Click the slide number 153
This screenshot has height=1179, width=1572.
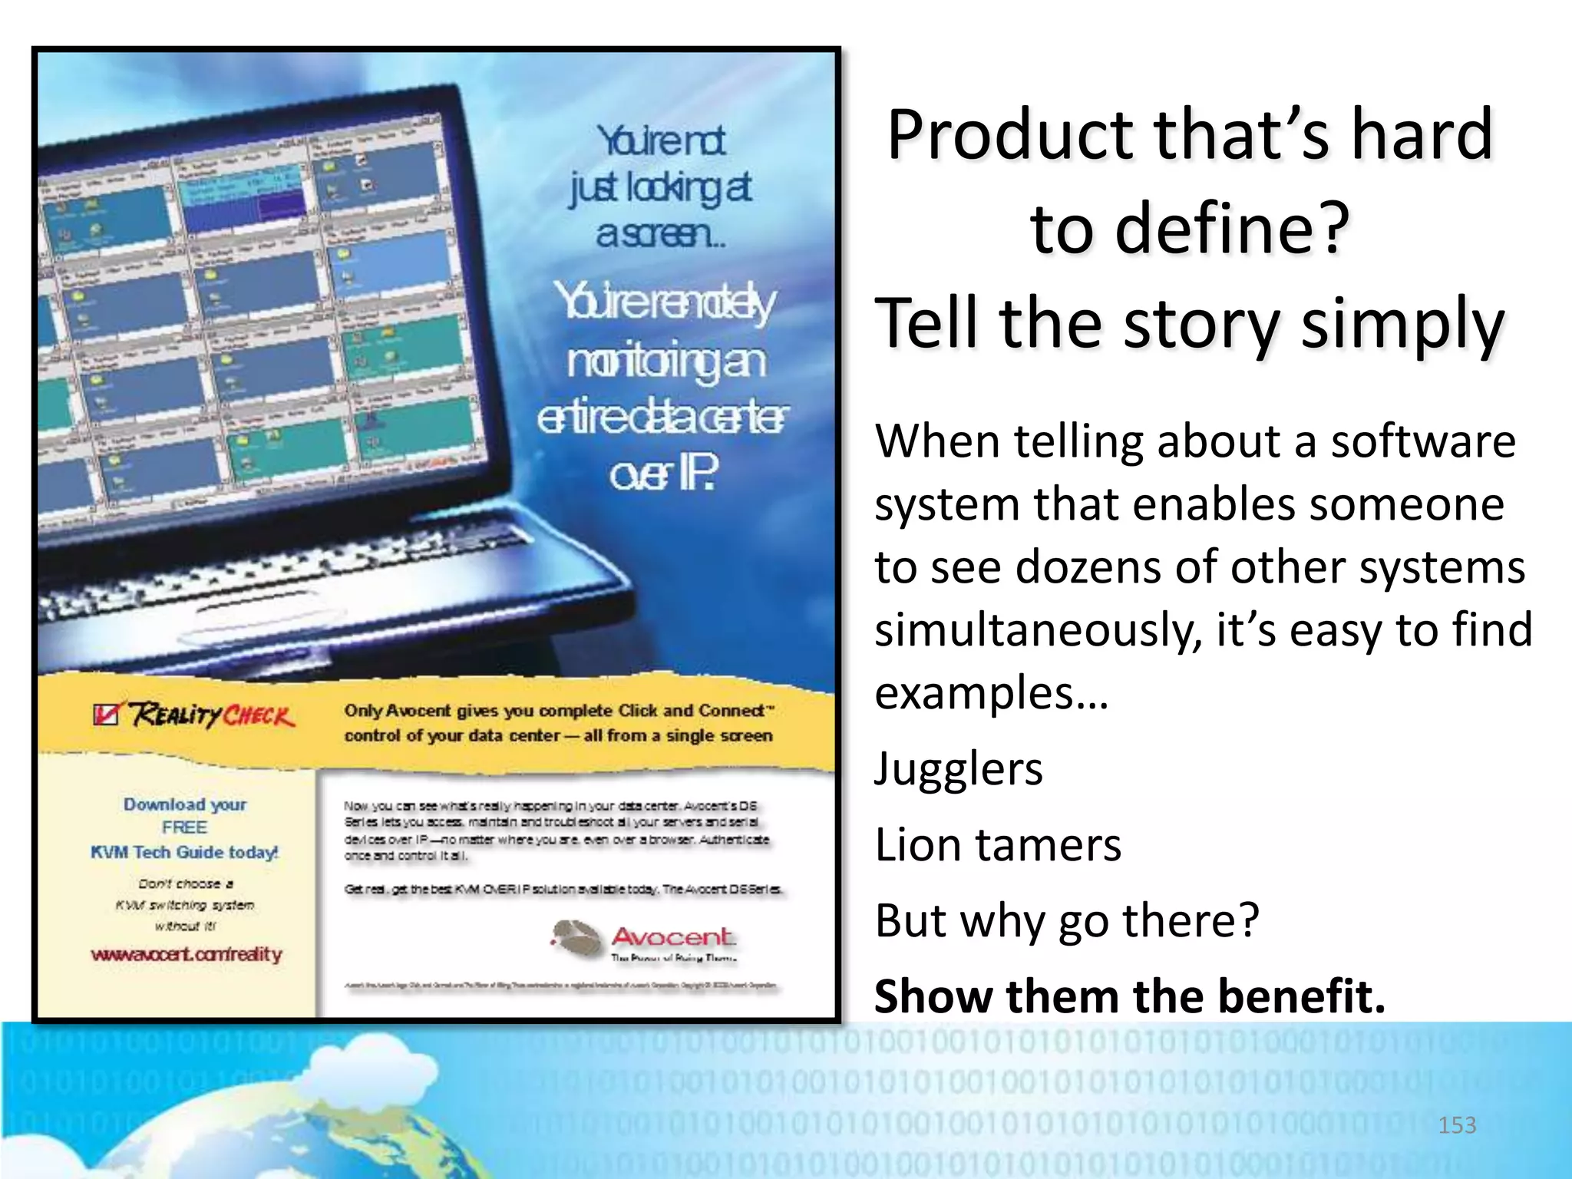coord(1457,1125)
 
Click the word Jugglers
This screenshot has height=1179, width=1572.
coord(959,768)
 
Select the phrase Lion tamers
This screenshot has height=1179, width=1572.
coord(998,844)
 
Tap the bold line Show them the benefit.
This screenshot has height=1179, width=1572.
coord(1129,996)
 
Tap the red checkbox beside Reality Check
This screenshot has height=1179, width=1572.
coord(105,714)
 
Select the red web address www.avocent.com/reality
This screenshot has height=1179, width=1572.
coord(187,954)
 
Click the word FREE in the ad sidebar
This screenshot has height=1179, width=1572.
coord(184,827)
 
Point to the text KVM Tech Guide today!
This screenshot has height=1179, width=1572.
coord(184,852)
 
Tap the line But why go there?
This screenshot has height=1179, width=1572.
coord(1067,920)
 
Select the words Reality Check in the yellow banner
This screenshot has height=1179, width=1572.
coord(211,715)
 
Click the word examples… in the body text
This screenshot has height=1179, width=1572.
coord(991,692)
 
